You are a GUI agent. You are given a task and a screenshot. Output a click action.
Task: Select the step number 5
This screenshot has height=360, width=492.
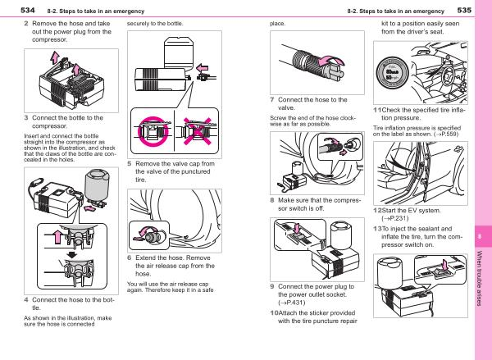(x=130, y=163)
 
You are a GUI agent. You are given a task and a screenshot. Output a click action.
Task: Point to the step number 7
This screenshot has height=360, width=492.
(x=272, y=99)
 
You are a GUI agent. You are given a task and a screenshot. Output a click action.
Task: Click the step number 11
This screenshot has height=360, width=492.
(x=378, y=110)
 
